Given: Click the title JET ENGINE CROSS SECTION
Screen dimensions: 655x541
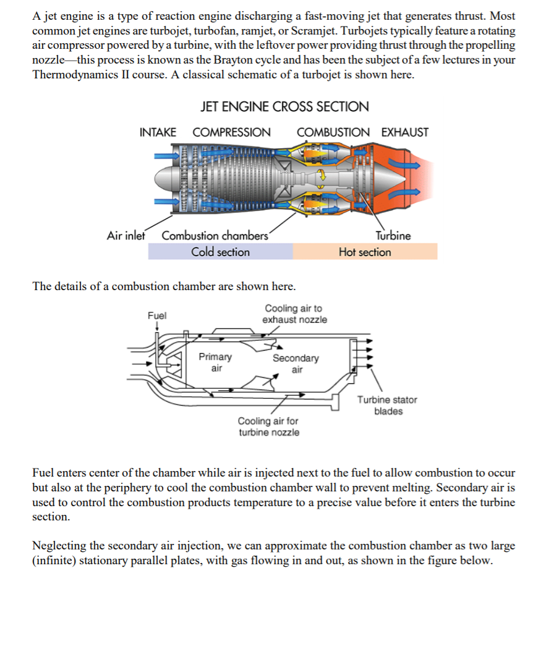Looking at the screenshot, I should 284,106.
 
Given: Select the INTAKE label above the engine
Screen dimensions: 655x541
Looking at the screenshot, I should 158,132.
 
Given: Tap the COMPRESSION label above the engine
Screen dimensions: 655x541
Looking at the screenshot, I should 231,132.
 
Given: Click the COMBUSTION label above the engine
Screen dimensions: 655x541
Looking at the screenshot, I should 333,132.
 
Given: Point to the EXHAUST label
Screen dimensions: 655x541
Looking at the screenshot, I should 404,132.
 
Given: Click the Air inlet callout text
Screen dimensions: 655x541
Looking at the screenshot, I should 126,235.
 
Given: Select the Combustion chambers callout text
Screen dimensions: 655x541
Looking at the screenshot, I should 215,235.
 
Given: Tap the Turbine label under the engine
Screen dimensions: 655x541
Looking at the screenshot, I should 393,235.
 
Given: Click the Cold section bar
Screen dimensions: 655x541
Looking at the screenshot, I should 220,252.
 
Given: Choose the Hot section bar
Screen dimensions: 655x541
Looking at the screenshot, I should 365,252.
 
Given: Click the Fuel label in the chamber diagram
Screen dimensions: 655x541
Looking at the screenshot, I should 157,315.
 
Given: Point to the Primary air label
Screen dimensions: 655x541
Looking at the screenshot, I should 216,362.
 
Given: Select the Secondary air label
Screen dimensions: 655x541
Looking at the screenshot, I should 296,364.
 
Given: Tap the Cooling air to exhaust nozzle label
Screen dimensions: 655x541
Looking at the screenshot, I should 294,314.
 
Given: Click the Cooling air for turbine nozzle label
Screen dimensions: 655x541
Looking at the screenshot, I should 269,427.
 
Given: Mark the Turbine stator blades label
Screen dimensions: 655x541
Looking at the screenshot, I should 387,406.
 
